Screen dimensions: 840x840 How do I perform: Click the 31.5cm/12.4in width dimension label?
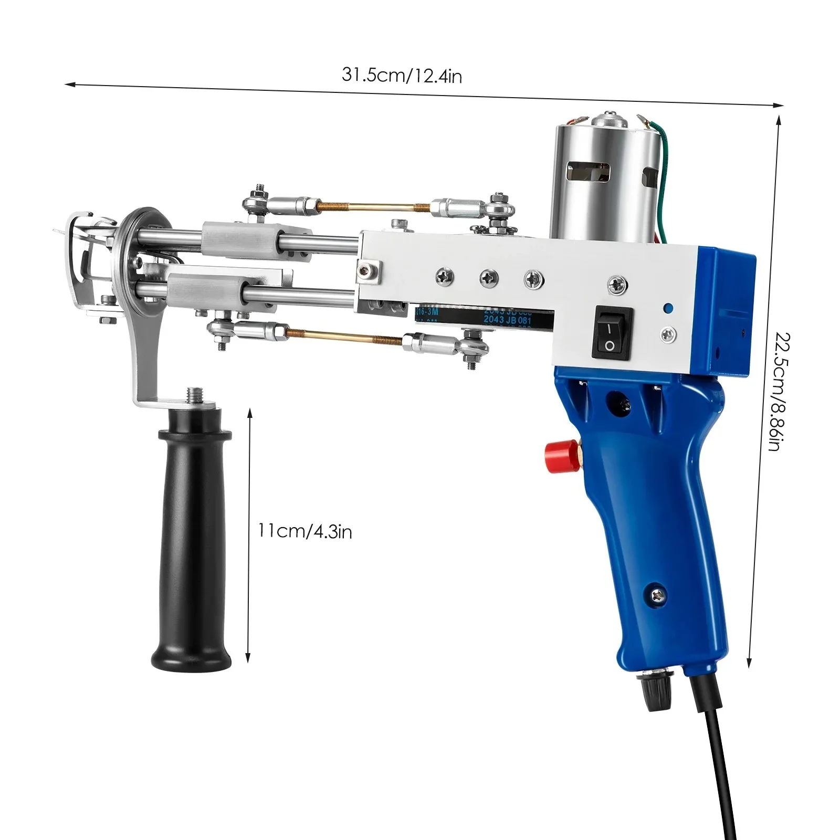402,76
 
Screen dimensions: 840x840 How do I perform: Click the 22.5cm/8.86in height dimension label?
775,391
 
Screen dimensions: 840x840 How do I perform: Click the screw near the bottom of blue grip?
656,591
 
